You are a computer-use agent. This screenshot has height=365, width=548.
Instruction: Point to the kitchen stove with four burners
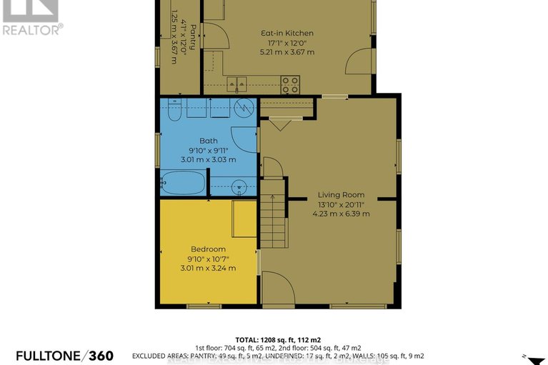click(290, 84)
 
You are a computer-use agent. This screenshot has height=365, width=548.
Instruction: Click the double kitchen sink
click(237, 84)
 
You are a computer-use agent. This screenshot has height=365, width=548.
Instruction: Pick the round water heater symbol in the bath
click(244, 109)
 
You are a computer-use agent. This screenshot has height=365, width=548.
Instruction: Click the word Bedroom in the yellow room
click(208, 249)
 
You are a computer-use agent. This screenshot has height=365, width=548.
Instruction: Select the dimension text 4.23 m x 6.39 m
click(339, 212)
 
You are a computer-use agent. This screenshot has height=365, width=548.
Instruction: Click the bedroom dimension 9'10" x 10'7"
click(208, 259)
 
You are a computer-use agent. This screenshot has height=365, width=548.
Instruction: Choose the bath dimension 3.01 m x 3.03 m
click(208, 159)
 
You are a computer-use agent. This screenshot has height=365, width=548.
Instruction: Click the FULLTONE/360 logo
click(56, 355)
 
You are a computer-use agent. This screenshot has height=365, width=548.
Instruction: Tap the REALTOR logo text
click(31, 29)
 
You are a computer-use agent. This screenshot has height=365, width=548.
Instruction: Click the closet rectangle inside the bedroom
click(245, 218)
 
